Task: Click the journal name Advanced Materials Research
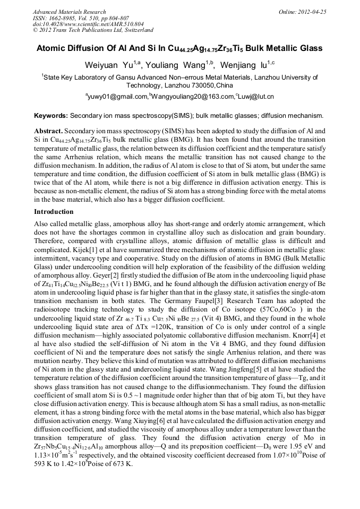click(x=69, y=12)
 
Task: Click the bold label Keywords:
click(x=50, y=115)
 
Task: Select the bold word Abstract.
click(x=49, y=131)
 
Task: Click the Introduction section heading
click(x=54, y=211)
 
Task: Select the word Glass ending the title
click(x=311, y=48)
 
